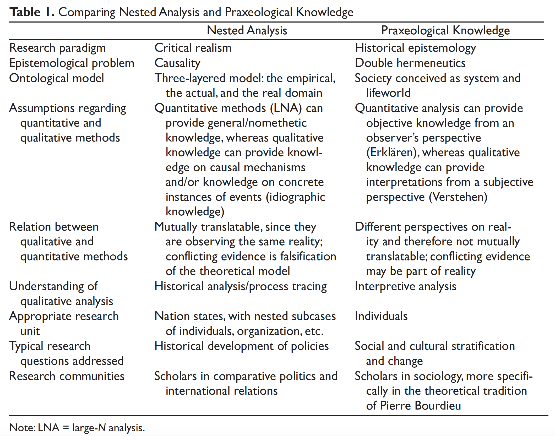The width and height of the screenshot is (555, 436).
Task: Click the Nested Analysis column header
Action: (247, 30)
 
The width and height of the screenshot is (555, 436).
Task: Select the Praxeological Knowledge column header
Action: (445, 30)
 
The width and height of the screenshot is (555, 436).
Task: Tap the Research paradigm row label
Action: (57, 48)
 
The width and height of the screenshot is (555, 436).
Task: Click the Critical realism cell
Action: (193, 48)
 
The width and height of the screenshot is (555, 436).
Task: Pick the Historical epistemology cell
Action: (415, 48)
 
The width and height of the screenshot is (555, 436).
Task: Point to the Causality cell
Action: (177, 63)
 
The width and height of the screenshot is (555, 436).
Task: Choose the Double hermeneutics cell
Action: (410, 63)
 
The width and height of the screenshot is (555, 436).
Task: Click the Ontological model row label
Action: (57, 78)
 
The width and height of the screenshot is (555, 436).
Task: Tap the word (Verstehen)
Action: (458, 197)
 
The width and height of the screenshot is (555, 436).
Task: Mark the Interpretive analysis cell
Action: (405, 286)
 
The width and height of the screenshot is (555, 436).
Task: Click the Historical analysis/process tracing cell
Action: (241, 286)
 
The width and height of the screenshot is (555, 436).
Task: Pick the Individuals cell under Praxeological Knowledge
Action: (381, 316)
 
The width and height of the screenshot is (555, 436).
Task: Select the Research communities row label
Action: (67, 376)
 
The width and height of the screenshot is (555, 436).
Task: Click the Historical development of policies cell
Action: (241, 346)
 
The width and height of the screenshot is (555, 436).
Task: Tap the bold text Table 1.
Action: (32, 12)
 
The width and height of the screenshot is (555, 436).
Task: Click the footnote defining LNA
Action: (77, 428)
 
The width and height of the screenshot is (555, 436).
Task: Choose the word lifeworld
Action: (388, 93)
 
